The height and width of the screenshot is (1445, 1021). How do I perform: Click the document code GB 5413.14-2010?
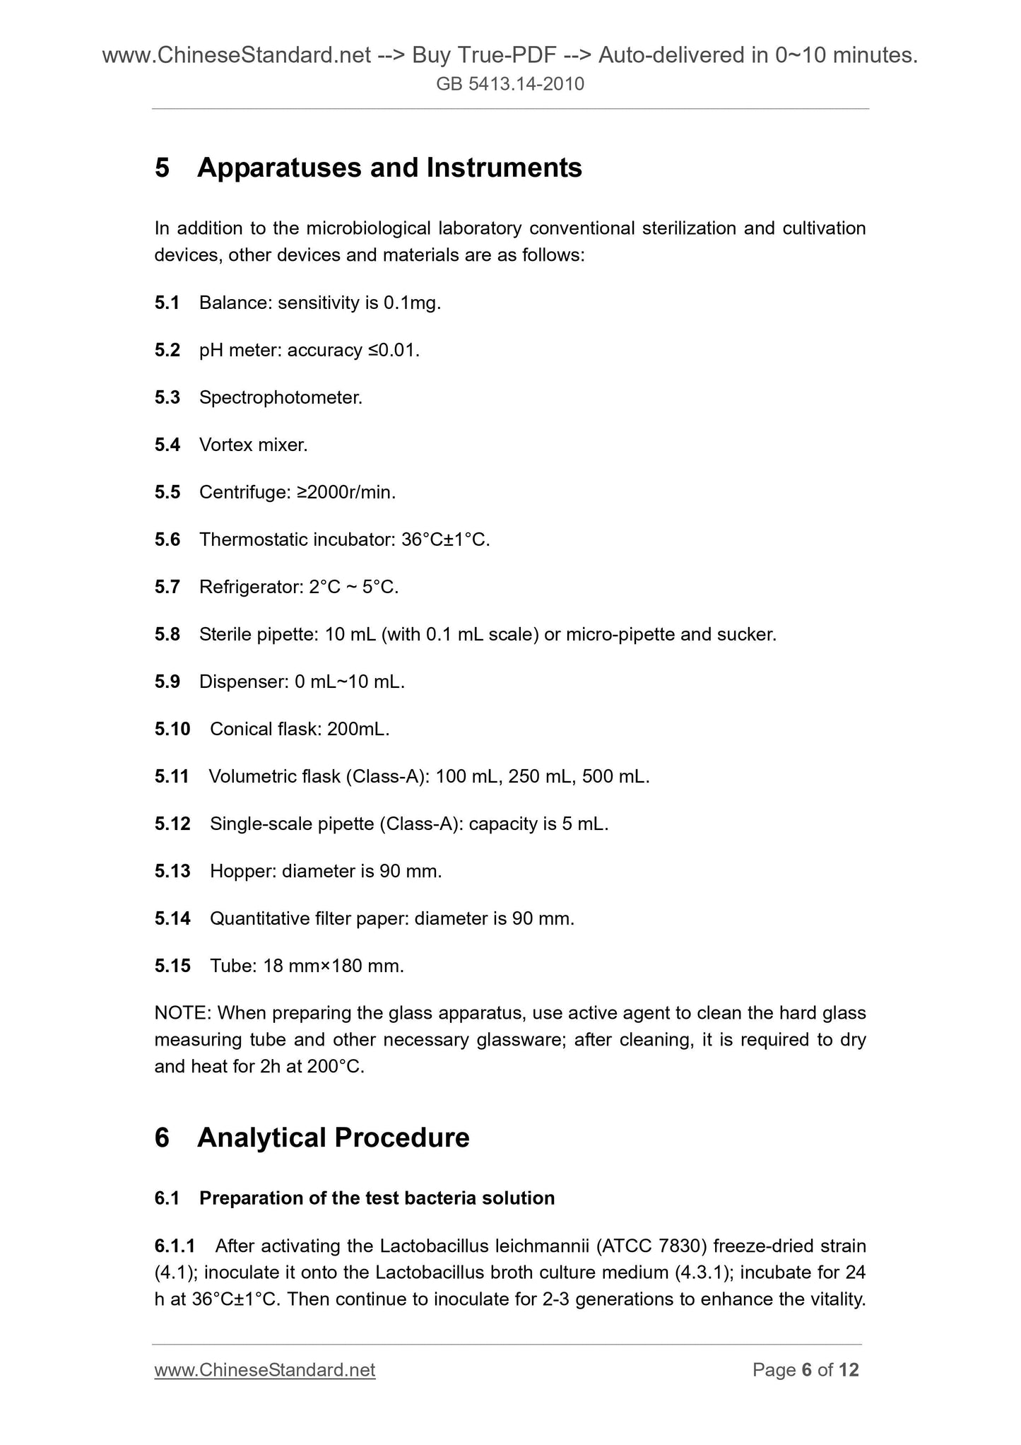pyautogui.click(x=510, y=85)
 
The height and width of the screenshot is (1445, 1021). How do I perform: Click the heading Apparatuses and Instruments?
pyautogui.click(x=389, y=168)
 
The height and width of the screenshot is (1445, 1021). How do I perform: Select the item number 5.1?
pyautogui.click(x=167, y=303)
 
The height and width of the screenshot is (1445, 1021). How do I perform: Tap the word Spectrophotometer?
pyautogui.click(x=280, y=398)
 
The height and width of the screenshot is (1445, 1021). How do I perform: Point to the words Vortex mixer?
pyautogui.click(x=253, y=445)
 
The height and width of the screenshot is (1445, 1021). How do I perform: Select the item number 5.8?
pyautogui.click(x=167, y=635)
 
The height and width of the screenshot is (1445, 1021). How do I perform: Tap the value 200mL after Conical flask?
pyautogui.click(x=358, y=730)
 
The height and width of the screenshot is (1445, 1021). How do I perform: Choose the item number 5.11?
pyautogui.click(x=172, y=777)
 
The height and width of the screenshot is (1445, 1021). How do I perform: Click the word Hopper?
pyautogui.click(x=242, y=872)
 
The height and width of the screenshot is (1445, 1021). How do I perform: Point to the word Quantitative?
pyautogui.click(x=259, y=919)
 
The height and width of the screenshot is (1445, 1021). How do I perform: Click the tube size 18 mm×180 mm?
pyautogui.click(x=333, y=966)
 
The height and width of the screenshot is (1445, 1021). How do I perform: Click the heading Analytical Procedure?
pyautogui.click(x=334, y=1138)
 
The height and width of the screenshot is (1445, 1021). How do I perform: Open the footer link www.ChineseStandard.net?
pyautogui.click(x=265, y=1371)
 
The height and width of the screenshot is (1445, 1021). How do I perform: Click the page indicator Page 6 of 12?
pyautogui.click(x=805, y=1371)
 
